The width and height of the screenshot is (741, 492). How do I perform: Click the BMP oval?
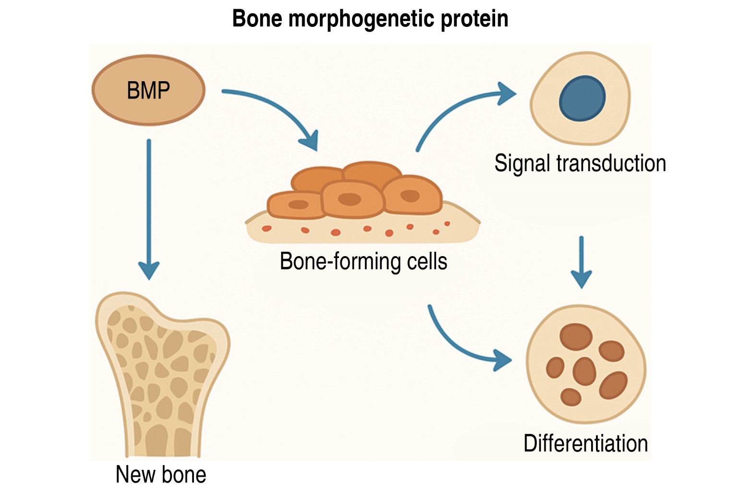[x=148, y=90]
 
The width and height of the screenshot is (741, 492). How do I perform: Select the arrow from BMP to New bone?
[x=149, y=207]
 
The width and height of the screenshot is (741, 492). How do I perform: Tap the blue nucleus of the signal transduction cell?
[x=582, y=98]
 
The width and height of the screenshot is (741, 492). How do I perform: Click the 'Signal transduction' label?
[x=580, y=163]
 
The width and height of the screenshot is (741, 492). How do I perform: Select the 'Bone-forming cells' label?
[x=364, y=261]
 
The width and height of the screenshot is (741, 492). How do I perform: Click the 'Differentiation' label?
[x=585, y=443]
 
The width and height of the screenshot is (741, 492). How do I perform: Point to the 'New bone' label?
[x=161, y=475]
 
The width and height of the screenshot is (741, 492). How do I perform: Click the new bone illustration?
[x=161, y=375]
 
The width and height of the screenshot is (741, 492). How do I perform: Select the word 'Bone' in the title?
[x=257, y=19]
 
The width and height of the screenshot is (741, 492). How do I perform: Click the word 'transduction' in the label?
[x=611, y=163]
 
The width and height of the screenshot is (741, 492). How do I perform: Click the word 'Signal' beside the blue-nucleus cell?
[x=522, y=163]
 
